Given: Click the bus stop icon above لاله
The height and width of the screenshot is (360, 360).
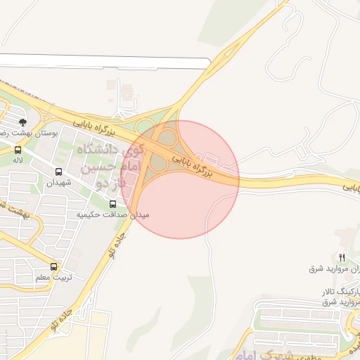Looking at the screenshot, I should click(x=18, y=149).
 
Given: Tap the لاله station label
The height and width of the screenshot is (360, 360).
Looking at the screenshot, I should click(x=18, y=161).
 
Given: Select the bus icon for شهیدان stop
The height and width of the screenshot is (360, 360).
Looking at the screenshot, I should click(x=58, y=171).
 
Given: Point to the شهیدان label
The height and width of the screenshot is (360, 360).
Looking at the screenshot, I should click(x=59, y=183).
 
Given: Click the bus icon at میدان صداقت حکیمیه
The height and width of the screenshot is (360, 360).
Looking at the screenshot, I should click(x=113, y=203).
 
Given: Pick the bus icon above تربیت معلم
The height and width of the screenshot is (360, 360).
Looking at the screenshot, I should click(x=53, y=266).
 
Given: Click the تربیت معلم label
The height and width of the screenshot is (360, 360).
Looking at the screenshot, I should click(x=53, y=278).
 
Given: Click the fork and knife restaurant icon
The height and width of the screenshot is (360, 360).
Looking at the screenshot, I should click(x=342, y=257).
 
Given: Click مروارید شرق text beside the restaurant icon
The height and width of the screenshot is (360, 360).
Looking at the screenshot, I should click(x=325, y=269).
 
